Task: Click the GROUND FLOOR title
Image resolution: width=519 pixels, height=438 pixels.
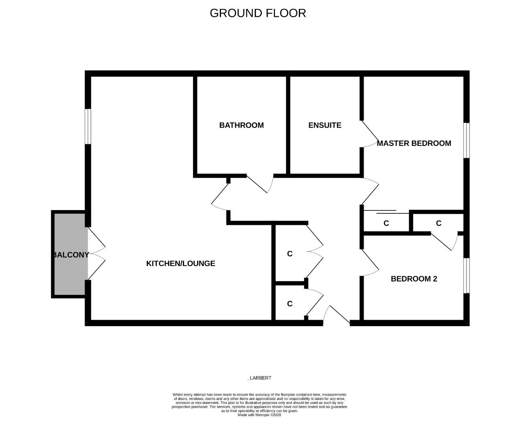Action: (257, 13)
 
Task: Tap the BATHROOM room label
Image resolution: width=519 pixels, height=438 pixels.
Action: (241, 125)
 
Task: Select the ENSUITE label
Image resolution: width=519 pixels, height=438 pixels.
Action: (325, 125)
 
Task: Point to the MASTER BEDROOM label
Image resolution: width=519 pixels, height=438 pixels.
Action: (414, 143)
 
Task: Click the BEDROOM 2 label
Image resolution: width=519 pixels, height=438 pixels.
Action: (414, 279)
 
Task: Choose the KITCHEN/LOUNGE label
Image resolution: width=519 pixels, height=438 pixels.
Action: (180, 263)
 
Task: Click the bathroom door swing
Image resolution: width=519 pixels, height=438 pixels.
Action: (259, 185)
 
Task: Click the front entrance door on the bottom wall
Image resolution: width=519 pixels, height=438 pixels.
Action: (337, 316)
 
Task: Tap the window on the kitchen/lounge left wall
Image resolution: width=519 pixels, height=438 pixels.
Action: (88, 126)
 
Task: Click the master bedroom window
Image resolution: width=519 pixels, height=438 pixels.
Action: (466, 140)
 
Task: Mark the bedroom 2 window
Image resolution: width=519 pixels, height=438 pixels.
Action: (466, 275)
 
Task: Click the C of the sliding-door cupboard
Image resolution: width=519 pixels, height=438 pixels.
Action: (386, 223)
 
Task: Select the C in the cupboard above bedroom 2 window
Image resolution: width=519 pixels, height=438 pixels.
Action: (438, 223)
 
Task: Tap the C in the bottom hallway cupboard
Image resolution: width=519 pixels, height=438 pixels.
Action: (290, 304)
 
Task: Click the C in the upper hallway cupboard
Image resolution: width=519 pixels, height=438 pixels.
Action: (290, 254)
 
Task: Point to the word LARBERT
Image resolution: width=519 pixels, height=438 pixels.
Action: (260, 378)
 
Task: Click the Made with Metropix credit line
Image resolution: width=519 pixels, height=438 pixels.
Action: (259, 415)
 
